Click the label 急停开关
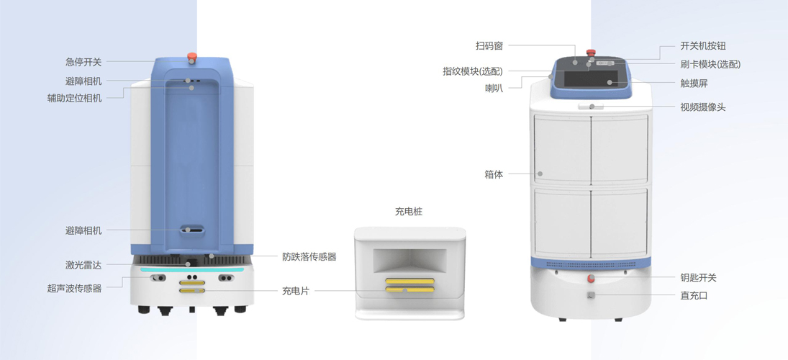(x=83, y=63)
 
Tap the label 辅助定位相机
(x=74, y=98)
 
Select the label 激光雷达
(x=83, y=265)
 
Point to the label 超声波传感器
(x=74, y=289)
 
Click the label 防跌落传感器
(x=309, y=257)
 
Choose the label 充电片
(x=296, y=291)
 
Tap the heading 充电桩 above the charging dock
(x=409, y=212)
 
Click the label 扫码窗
(x=489, y=46)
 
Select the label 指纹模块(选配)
(x=472, y=71)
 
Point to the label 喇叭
(x=494, y=88)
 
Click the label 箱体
(x=494, y=176)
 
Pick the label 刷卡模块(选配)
(x=710, y=64)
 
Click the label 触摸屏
(x=694, y=84)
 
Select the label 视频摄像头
(x=703, y=107)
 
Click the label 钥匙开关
(x=699, y=277)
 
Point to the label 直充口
(x=694, y=296)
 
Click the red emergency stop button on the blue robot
(x=191, y=56)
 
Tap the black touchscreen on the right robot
(x=591, y=80)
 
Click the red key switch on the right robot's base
(x=591, y=279)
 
